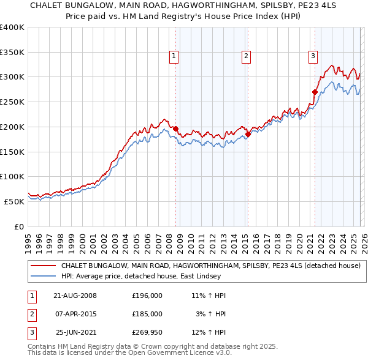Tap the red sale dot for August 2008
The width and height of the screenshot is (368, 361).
pyautogui.click(x=175, y=128)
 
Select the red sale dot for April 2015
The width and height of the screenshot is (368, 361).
pyautogui.click(x=248, y=134)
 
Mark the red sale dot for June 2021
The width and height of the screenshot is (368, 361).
pyautogui.click(x=315, y=92)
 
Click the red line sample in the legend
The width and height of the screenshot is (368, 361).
pyautogui.click(x=44, y=266)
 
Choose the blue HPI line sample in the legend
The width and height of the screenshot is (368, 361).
pyautogui.click(x=44, y=276)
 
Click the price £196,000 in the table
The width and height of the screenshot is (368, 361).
pyautogui.click(x=147, y=296)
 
